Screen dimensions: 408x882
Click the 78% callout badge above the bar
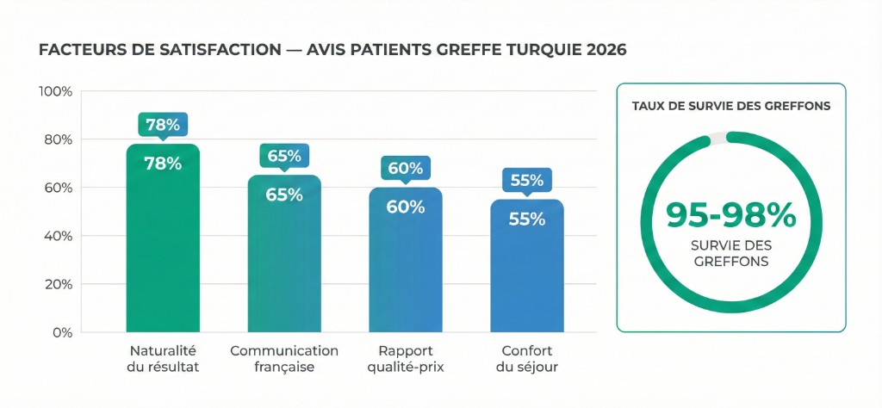click(163, 125)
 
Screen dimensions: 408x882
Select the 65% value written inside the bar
click(284, 195)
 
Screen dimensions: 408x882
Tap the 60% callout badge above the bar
click(406, 169)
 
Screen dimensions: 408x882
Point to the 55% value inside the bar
click(527, 219)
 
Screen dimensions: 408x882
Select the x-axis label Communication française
click(284, 359)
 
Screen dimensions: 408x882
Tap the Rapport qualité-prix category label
click(406, 359)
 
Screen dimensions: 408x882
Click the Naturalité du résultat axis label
click(163, 359)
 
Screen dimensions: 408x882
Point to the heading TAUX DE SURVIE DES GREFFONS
click(731, 107)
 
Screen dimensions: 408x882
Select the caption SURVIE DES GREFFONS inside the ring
click(730, 252)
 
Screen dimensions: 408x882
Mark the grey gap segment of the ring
click(717, 138)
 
